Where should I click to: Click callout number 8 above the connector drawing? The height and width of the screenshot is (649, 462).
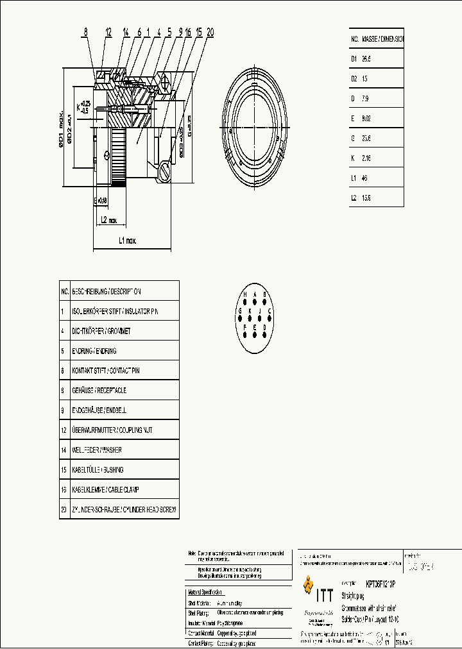coord(85,31)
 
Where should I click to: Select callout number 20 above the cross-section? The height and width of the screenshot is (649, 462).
coord(210,31)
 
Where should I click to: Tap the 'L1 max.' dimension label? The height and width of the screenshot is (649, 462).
coord(128,241)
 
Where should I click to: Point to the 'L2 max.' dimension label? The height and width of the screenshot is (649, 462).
coord(108,220)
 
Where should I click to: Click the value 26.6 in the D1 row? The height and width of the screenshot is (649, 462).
coord(367,58)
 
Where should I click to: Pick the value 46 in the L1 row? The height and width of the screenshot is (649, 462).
coord(365,178)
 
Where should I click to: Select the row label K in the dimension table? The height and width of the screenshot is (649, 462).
coord(353,158)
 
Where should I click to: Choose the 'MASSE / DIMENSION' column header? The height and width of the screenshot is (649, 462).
coord(382,38)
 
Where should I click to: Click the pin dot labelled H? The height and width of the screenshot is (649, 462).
coord(244,301)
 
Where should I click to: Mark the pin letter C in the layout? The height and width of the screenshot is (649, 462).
coord(270,312)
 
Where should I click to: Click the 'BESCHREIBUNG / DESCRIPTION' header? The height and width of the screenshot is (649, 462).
coord(106,291)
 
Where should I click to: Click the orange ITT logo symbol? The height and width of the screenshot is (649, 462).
coord(309,586)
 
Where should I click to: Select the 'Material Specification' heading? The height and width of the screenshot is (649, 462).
coord(205,592)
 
